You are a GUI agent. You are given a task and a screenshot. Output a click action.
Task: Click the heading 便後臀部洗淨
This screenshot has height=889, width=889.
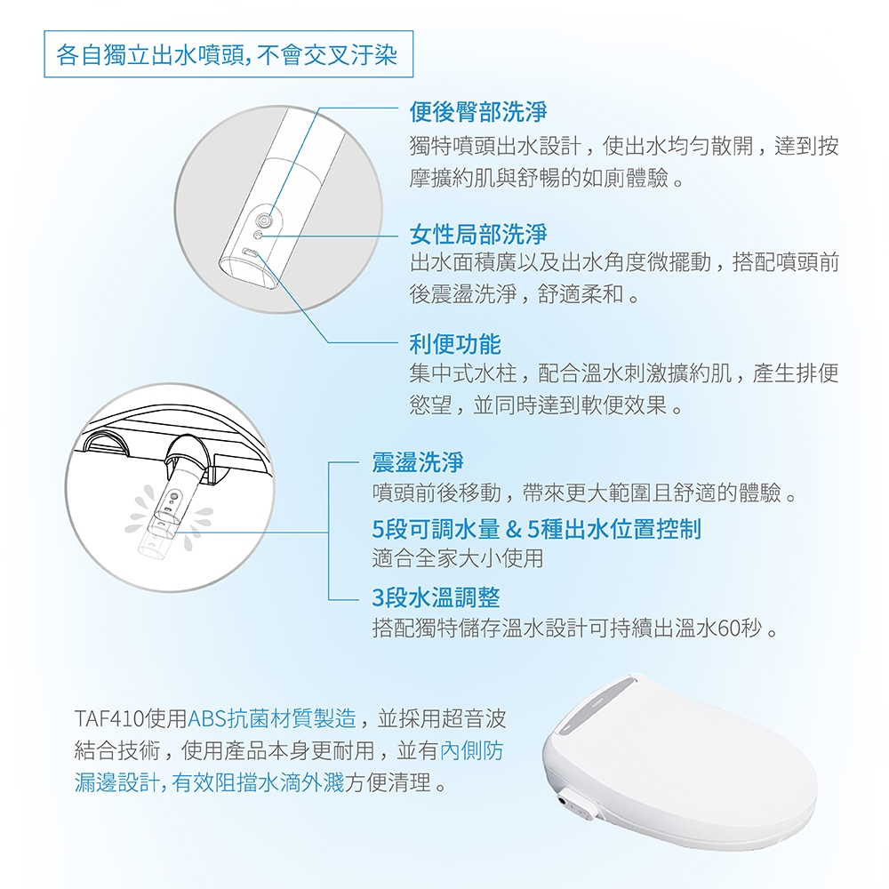click(477, 112)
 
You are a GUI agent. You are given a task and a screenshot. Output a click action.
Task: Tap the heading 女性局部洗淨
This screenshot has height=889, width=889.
click(477, 235)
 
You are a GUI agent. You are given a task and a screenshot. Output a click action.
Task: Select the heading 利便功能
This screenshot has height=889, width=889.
click(454, 344)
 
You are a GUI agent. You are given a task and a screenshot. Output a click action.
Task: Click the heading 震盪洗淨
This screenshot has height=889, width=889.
click(418, 462)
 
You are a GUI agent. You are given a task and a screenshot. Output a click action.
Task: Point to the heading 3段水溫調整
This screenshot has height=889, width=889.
click(429, 597)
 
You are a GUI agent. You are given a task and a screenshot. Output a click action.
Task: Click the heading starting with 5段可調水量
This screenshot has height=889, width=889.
click(536, 530)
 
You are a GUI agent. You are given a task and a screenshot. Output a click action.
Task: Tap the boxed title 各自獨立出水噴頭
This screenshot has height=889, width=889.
click(227, 56)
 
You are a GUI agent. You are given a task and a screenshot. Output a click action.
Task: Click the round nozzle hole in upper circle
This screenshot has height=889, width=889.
click(264, 219)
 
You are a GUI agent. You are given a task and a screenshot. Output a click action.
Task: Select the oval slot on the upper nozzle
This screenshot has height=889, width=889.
click(252, 254)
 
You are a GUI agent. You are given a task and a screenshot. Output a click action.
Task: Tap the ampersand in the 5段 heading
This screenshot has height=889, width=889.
click(512, 530)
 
